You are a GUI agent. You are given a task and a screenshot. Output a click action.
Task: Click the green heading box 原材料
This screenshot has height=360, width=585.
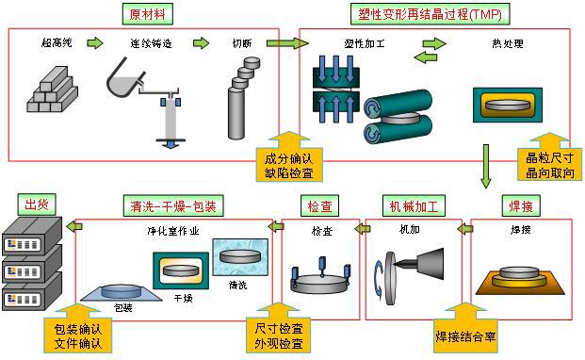[147, 14]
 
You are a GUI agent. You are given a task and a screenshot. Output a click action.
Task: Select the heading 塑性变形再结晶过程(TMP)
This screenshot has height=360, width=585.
[431, 14]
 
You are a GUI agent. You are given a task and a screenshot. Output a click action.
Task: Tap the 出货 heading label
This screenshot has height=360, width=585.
[37, 205]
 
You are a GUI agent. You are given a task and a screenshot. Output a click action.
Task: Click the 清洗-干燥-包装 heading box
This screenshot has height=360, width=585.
[173, 205]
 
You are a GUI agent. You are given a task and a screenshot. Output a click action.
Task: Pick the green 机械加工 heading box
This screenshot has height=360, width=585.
[414, 205]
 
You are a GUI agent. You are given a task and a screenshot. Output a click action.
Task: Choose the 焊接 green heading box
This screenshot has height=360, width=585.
[521, 205]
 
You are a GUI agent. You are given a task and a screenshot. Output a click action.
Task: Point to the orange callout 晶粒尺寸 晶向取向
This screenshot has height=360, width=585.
[549, 159]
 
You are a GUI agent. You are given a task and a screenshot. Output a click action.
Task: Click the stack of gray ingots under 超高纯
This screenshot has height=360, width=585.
[52, 90]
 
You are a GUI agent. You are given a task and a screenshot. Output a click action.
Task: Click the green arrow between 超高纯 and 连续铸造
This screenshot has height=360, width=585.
[95, 43]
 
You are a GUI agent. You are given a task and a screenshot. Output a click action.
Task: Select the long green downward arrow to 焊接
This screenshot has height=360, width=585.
[485, 167]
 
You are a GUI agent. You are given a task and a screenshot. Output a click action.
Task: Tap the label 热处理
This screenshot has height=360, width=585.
[508, 43]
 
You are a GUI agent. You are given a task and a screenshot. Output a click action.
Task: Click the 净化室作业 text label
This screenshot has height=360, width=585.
[173, 231]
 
